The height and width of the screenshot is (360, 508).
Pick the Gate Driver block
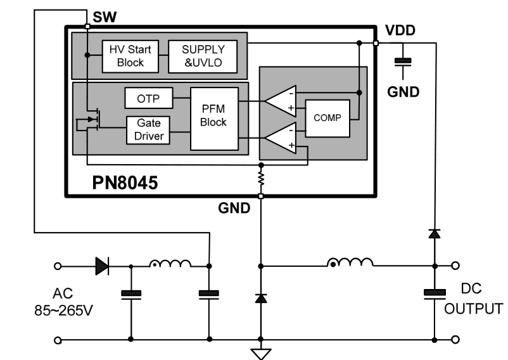click(x=148, y=129)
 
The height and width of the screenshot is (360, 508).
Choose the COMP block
click(x=327, y=118)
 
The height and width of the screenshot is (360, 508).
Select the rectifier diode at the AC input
click(x=101, y=266)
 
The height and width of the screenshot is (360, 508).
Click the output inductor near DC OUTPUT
click(x=349, y=263)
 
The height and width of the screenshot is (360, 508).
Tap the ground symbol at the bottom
click(x=260, y=352)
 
